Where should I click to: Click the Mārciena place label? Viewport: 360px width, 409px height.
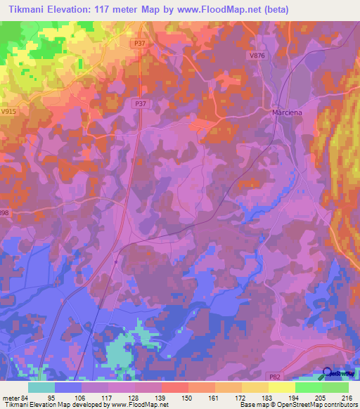287,112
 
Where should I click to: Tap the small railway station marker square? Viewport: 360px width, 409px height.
115,261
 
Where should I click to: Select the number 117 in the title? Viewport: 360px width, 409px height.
110,9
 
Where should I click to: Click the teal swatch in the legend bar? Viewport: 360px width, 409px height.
41,387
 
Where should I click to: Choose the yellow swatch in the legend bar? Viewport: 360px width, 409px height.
281,387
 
